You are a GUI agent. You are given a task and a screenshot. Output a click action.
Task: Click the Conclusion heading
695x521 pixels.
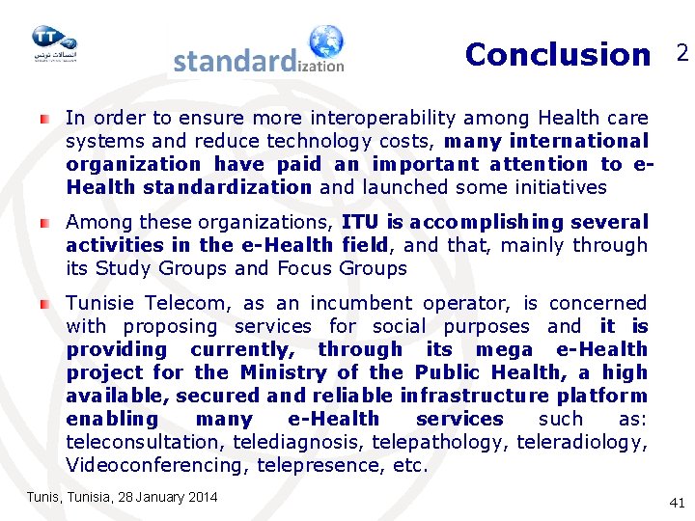click(557, 55)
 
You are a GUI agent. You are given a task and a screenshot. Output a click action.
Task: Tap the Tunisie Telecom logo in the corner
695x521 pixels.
click(53, 42)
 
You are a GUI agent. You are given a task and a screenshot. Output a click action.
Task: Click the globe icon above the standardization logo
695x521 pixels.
click(325, 42)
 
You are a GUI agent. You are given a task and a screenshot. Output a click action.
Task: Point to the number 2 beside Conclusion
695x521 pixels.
click(681, 54)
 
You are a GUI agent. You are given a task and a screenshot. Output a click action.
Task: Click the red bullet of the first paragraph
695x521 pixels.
click(44, 118)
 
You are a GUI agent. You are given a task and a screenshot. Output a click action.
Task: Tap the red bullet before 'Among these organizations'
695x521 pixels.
click(44, 222)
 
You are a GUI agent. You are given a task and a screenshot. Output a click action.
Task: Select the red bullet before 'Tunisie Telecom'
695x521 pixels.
click(44, 303)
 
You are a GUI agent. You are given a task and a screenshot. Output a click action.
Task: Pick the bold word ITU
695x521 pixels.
click(360, 223)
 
